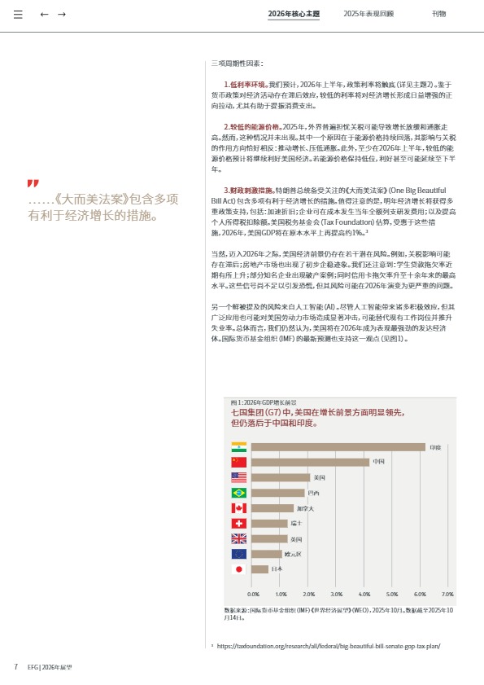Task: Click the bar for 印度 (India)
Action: point(338,447)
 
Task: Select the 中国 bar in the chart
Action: point(310,462)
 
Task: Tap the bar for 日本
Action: point(260,569)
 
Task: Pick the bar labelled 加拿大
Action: point(273,508)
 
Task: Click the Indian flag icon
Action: point(238,447)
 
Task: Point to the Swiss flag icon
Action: point(238,523)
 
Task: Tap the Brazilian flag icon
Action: point(238,493)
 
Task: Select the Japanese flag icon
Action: point(238,569)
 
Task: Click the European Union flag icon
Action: point(238,553)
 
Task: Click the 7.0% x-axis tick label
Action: point(447,595)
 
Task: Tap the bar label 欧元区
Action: point(293,554)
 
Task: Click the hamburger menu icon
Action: point(18,15)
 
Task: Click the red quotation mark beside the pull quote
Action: point(33,183)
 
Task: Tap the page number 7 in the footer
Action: point(15,666)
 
